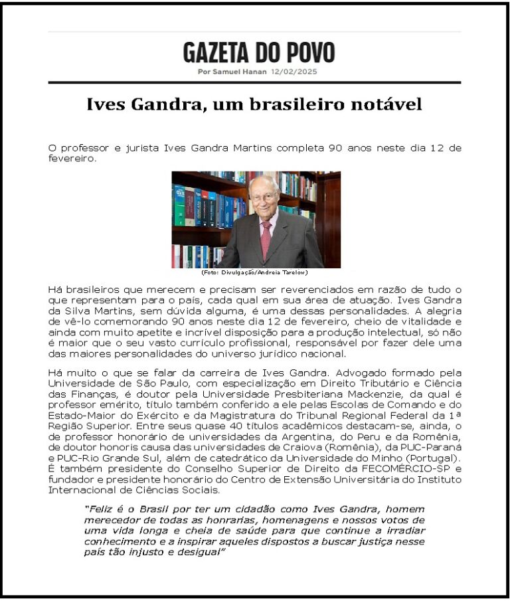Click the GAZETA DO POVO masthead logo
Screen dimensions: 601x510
[x=259, y=52]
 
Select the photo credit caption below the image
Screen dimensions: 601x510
[x=254, y=272]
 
